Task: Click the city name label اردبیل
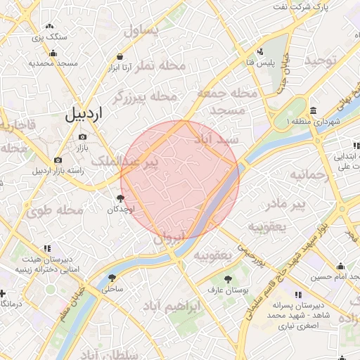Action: pos(84,113)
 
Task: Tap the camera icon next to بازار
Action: pos(83,136)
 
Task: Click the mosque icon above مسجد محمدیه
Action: pos(52,53)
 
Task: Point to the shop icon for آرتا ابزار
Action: pos(120,56)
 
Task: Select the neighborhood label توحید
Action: pos(322,60)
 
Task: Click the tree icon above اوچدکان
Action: pos(120,199)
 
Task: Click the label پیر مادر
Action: pos(289,205)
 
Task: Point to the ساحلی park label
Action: pos(112,288)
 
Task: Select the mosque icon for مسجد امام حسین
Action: pos(340,266)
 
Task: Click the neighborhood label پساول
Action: pos(143,30)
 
